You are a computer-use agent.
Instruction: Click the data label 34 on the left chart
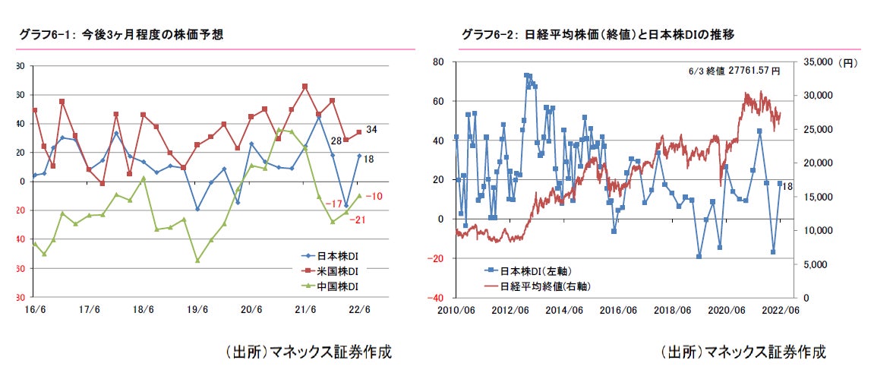371,129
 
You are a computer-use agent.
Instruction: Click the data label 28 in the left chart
336,141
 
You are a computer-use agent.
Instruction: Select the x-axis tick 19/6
197,309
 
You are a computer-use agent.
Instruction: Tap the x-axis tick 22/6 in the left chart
358,309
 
